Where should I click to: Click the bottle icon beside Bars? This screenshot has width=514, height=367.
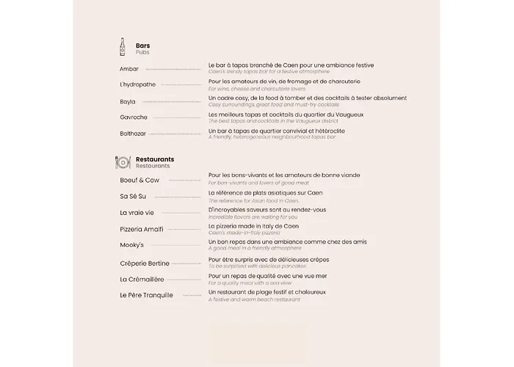[x=123, y=48]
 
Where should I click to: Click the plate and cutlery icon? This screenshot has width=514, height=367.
[x=123, y=162]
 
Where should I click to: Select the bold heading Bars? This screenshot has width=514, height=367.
[x=143, y=46]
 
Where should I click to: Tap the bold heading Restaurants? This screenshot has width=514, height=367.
[x=155, y=159]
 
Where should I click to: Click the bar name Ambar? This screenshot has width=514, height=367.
[x=129, y=69]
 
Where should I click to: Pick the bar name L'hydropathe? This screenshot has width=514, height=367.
[x=138, y=84]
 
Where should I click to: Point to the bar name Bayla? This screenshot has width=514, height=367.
[x=128, y=101]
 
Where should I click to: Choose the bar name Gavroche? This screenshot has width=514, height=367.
[x=134, y=117]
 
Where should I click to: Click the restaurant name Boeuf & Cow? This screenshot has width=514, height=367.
[x=140, y=180]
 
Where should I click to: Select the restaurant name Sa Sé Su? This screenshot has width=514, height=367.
[x=133, y=196]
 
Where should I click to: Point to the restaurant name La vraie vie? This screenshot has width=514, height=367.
[x=137, y=213]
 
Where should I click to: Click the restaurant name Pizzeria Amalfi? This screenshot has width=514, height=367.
[x=142, y=229]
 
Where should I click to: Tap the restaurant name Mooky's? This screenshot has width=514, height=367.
[x=132, y=245]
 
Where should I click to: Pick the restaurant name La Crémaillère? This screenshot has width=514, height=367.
[x=142, y=279]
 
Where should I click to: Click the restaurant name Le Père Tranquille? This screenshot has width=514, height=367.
[x=147, y=295]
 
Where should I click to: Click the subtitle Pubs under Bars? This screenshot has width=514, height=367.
[x=142, y=53]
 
